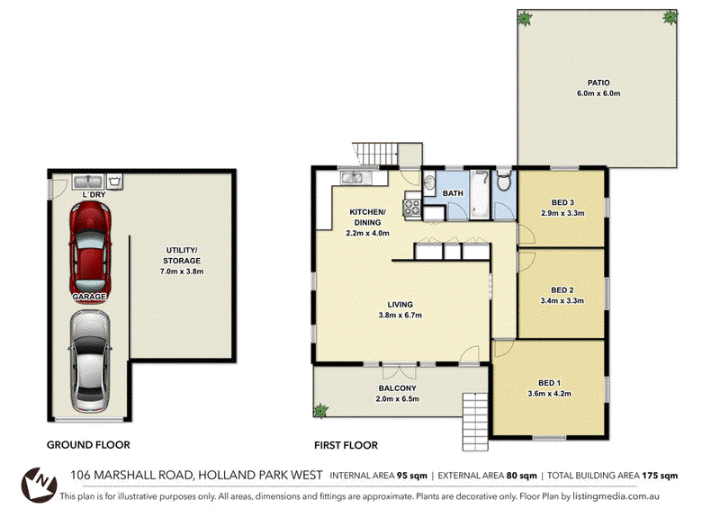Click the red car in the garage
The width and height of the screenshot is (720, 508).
[90, 251]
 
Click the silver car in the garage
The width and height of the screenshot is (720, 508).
[90, 361]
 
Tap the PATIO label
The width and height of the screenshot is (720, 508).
[598, 83]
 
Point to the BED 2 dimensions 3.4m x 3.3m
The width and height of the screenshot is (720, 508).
[562, 301]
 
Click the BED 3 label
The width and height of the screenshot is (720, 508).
[562, 202]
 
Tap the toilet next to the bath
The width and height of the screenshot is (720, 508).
[504, 181]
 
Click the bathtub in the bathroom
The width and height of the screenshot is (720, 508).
[481, 194]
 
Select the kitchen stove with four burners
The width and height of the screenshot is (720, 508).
[412, 206]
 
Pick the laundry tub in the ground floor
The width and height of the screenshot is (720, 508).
[88, 182]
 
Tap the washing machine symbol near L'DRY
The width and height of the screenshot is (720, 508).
[115, 182]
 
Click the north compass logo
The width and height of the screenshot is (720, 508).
[40, 485]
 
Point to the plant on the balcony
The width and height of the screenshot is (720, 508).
[320, 410]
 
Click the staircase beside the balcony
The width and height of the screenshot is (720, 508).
[475, 422]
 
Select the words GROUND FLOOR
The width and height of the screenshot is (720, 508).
[88, 445]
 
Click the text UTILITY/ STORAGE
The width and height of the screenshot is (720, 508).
[182, 255]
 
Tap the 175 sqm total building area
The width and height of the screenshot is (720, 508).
[660, 476]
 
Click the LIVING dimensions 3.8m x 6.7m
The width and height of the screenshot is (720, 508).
[400, 316]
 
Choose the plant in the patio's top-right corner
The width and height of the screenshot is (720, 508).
[670, 18]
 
